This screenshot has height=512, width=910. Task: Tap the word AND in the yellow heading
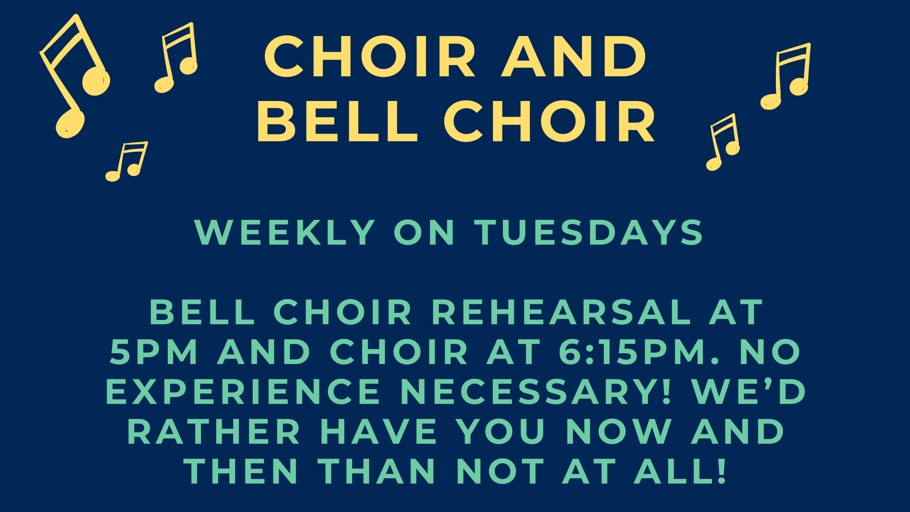point(574,57)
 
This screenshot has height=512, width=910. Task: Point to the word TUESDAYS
point(590,232)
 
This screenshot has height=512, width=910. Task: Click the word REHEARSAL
point(561,312)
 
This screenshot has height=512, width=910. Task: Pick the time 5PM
point(154,352)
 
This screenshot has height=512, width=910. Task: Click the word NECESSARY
point(536,392)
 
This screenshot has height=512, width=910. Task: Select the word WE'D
point(749,392)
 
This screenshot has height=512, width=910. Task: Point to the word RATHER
point(214,431)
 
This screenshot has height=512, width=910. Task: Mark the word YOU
point(500,431)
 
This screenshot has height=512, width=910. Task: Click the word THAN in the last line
point(377,471)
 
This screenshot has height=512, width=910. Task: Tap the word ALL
point(681,471)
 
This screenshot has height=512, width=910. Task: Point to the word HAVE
point(378,431)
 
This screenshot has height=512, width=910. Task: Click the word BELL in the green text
point(202,312)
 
